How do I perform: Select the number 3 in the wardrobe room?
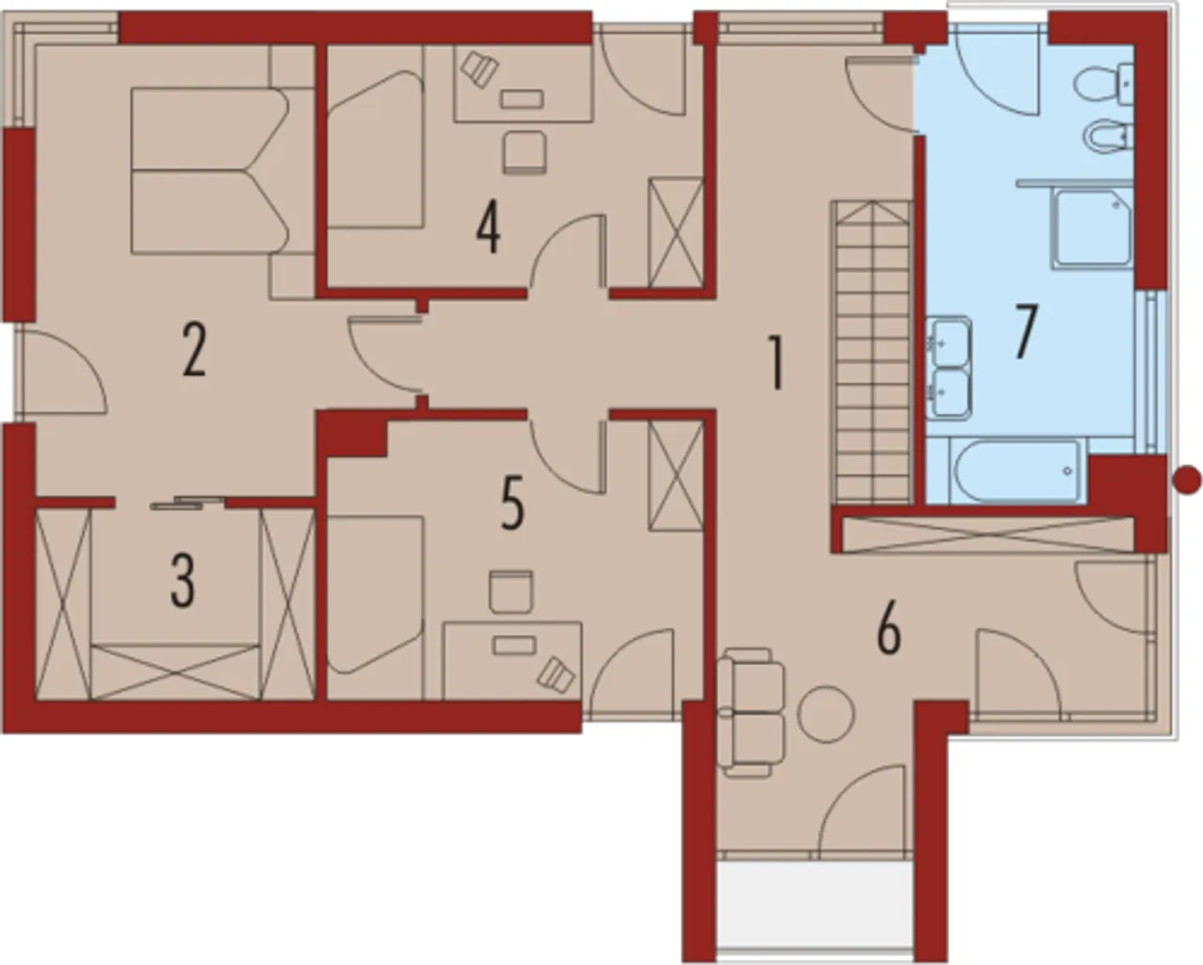click(182, 582)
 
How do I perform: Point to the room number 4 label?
click(488, 228)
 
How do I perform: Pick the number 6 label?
click(888, 628)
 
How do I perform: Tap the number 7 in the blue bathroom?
click(1026, 332)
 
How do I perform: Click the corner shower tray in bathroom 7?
click(1092, 228)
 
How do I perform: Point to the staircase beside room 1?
click(872, 352)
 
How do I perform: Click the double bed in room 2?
click(210, 170)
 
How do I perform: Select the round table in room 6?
click(825, 714)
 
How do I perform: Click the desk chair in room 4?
click(523, 152)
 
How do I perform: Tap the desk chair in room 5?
click(510, 592)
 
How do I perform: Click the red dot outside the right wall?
click(1186, 481)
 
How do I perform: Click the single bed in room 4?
click(375, 149)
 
